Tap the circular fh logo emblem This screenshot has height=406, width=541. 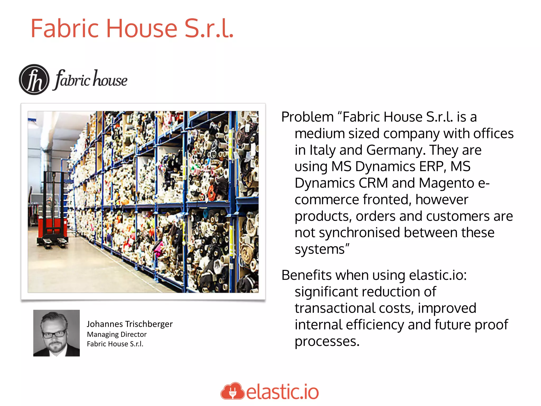point(34,80)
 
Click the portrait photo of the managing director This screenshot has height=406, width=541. point(57,333)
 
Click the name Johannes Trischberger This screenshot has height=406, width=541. point(130,324)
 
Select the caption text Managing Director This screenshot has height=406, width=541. point(117,334)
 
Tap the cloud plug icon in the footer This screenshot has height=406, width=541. point(232,391)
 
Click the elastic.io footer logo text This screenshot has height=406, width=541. point(282,392)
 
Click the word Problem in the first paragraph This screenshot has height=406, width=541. point(307,117)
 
